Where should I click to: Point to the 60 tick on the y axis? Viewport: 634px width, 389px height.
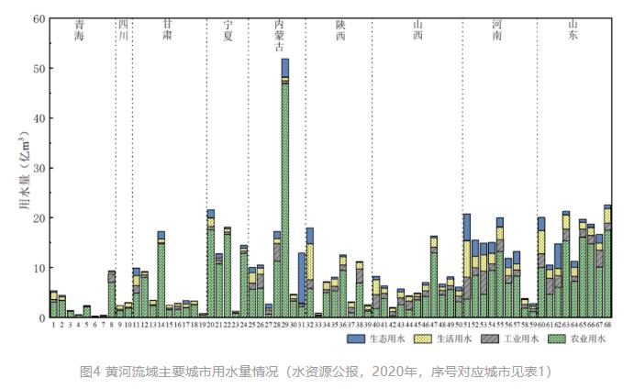(x=38, y=18)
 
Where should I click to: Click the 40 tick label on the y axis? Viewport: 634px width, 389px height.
(x=38, y=118)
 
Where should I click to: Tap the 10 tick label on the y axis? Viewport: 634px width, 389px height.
(x=38, y=268)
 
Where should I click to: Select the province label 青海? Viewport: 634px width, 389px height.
(x=80, y=33)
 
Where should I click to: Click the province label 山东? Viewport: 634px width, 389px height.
(x=574, y=33)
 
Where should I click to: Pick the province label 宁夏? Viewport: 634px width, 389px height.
(x=228, y=33)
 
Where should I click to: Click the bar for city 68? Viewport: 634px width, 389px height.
(x=607, y=261)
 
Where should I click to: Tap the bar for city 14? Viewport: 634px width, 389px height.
(x=161, y=275)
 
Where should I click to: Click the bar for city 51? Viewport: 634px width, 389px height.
(x=467, y=266)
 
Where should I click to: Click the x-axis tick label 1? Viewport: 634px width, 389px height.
(x=53, y=325)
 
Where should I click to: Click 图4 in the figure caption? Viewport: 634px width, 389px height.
(x=89, y=372)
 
